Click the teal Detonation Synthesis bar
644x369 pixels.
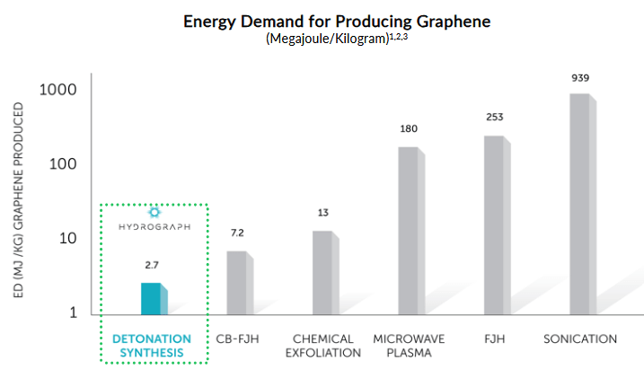coord(152,299)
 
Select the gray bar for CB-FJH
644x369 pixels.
coord(237,283)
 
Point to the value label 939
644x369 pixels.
coord(580,78)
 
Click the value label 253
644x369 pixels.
coord(495,118)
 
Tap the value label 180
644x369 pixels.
coord(410,129)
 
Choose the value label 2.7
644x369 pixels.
coord(152,267)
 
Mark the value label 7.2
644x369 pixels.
coord(237,233)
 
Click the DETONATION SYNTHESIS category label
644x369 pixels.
coord(152,346)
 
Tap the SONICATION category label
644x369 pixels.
coord(580,339)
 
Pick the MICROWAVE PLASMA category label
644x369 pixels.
coord(410,346)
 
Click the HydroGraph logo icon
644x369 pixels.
coord(154,212)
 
